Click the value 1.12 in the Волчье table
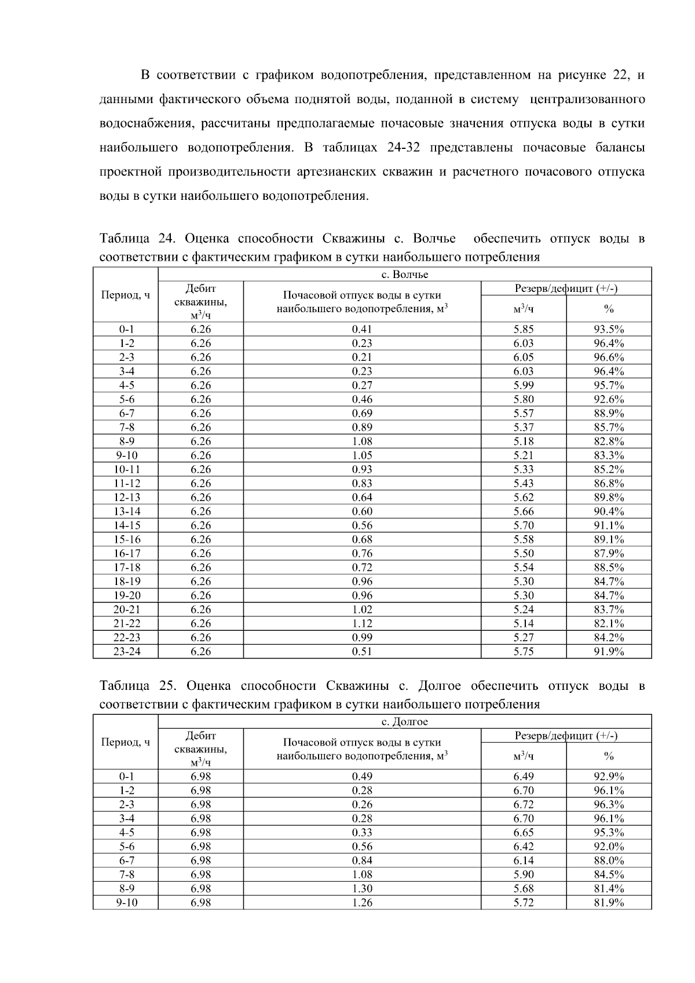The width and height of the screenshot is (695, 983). pyautogui.click(x=362, y=623)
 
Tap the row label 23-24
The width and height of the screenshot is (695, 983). pyautogui.click(x=126, y=651)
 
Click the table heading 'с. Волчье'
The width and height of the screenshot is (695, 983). pyautogui.click(x=404, y=275)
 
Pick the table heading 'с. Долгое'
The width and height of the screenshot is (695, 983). pyautogui.click(x=404, y=722)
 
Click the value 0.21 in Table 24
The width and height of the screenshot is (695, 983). pyautogui.click(x=362, y=357)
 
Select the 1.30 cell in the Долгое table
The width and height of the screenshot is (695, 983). pyautogui.click(x=362, y=888)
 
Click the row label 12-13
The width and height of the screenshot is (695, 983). pyautogui.click(x=126, y=497)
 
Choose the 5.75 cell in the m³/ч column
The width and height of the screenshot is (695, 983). pyautogui.click(x=523, y=651)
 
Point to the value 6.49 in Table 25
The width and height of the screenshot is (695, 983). pyautogui.click(x=523, y=776)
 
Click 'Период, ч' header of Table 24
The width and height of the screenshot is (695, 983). pyautogui.click(x=126, y=295)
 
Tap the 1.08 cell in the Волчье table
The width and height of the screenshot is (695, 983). pyautogui.click(x=362, y=441)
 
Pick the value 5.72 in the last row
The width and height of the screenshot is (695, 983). pyautogui.click(x=523, y=902)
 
